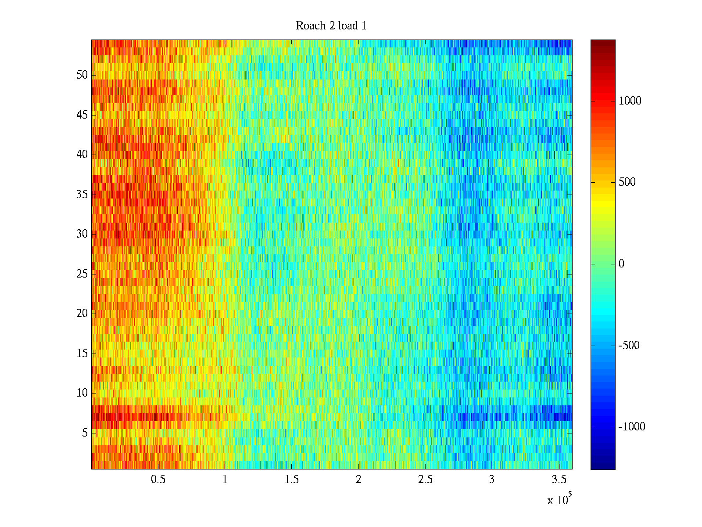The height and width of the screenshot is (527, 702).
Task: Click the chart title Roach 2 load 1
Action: click(x=331, y=26)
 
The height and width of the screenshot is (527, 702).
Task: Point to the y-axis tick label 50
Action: click(x=82, y=75)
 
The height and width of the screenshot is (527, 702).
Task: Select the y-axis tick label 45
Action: click(x=82, y=115)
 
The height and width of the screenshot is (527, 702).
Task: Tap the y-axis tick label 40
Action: click(x=82, y=155)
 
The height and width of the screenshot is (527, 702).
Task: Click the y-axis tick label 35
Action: click(x=82, y=195)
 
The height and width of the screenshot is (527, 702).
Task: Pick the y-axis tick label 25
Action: click(x=82, y=274)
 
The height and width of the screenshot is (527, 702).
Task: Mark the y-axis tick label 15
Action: click(x=82, y=354)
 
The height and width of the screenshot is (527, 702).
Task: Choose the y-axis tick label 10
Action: click(x=82, y=393)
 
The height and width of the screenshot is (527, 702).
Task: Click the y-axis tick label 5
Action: click(x=85, y=433)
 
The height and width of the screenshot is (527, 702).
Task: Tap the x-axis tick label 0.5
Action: click(x=158, y=480)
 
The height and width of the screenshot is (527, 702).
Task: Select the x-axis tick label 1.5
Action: click(x=291, y=480)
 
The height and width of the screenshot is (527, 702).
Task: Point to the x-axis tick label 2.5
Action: click(x=425, y=480)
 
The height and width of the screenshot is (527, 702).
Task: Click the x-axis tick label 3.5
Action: click(x=558, y=480)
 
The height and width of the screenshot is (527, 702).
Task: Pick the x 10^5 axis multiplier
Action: click(x=559, y=500)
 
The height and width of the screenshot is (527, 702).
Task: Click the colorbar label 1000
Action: click(x=630, y=101)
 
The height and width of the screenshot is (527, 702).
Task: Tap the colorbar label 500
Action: click(x=627, y=182)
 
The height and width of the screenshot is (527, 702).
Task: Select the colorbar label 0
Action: click(x=621, y=264)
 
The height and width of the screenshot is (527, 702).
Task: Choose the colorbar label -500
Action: click(x=629, y=346)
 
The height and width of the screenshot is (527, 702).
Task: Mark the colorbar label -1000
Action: click(x=632, y=427)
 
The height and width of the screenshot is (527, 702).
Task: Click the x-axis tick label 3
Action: click(x=491, y=480)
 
